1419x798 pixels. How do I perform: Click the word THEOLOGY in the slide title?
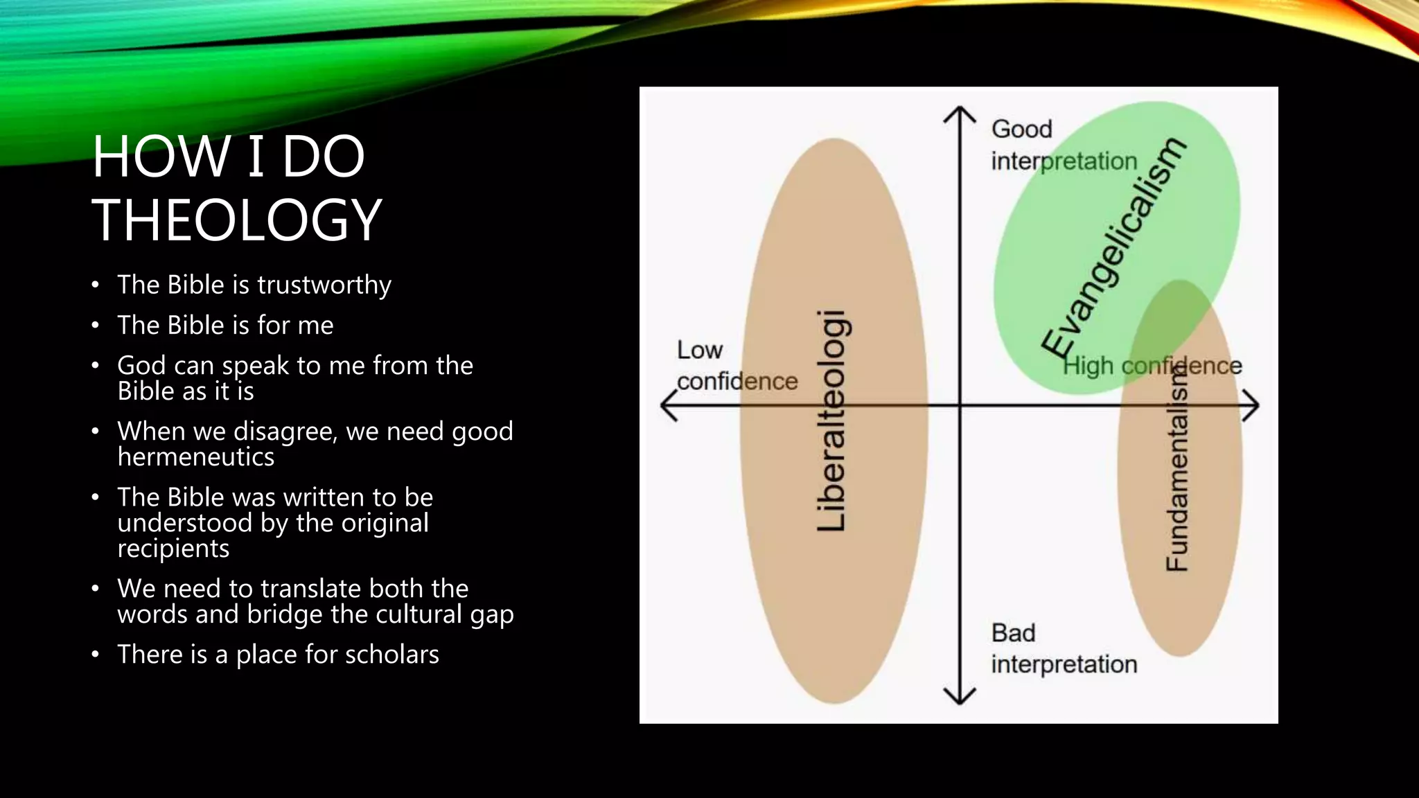[237, 220]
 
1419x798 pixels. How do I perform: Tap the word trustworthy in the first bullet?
[324, 285]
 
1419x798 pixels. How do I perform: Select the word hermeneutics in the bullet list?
[196, 457]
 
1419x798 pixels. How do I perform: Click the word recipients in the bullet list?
[173, 549]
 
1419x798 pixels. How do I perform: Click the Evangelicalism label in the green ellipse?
[1114, 247]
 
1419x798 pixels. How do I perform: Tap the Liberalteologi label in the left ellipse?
[831, 421]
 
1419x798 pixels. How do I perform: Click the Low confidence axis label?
[737, 366]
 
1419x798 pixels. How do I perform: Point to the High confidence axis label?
[1152, 366]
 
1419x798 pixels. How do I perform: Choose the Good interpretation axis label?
[1064, 145]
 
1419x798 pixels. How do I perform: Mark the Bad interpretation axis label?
[1064, 648]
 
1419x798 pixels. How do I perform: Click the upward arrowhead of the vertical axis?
[960, 113]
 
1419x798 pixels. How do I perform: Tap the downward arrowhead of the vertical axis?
[960, 697]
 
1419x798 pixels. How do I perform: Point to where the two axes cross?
[960, 406]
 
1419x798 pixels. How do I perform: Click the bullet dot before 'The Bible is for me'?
[96, 326]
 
